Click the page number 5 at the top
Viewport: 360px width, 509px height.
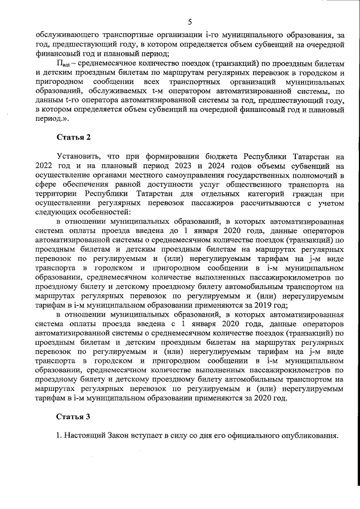(190, 22)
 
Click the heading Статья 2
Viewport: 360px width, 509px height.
(73, 137)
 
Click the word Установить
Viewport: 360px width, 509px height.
(80, 155)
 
